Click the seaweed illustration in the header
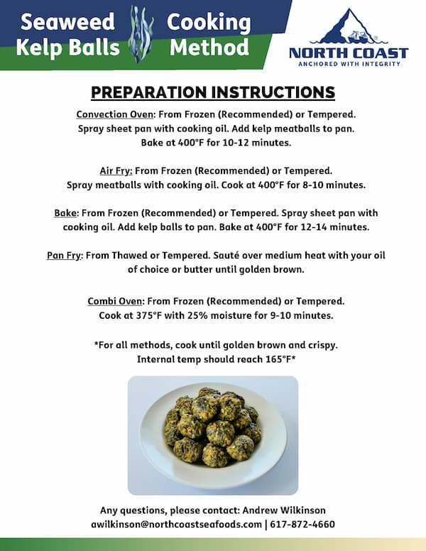pyautogui.click(x=141, y=33)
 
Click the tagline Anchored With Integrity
pyautogui.click(x=348, y=63)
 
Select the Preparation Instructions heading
pyautogui.click(x=213, y=92)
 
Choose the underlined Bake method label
pyautogui.click(x=67, y=213)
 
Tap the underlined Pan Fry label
pyautogui.click(x=65, y=255)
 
